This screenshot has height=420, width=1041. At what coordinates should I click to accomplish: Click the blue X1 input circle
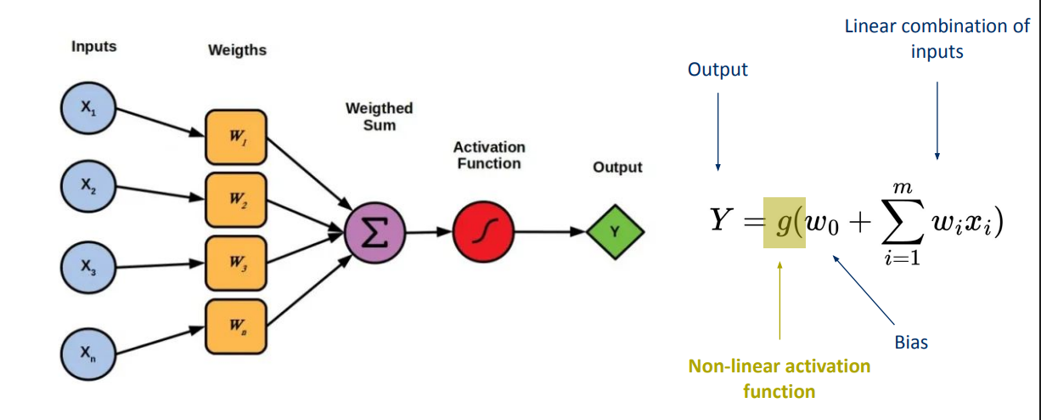[88, 109]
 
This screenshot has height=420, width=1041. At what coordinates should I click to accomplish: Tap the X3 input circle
[88, 267]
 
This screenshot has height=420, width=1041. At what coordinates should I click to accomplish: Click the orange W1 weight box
[235, 136]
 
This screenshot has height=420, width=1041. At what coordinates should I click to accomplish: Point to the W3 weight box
[235, 263]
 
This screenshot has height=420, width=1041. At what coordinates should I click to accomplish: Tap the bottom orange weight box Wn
[235, 326]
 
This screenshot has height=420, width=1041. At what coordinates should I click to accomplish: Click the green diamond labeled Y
[615, 230]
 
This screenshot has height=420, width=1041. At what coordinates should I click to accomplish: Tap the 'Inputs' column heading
[94, 47]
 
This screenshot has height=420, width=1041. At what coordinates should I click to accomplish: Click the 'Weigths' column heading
[237, 50]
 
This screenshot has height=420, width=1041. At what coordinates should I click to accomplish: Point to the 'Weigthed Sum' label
[379, 116]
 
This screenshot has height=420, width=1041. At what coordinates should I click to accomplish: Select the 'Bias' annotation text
[911, 343]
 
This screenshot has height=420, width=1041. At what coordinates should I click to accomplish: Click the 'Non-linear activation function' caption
[779, 378]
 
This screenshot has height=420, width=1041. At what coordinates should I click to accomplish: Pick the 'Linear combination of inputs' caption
[937, 38]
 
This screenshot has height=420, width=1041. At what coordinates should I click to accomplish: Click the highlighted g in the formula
[781, 223]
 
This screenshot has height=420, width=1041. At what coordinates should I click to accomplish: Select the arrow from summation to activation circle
[429, 231]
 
